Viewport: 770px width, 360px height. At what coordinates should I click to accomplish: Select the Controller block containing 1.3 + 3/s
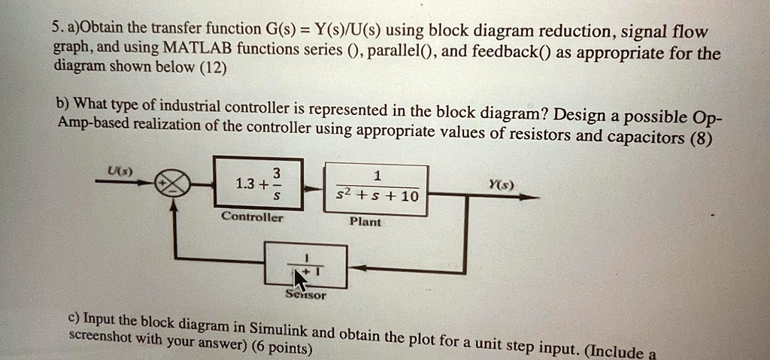(258, 183)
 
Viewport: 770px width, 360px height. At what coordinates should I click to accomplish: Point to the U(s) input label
(120, 171)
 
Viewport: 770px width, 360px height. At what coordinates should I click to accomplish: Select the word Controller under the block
(253, 217)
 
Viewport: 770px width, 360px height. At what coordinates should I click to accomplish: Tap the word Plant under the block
(365, 222)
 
